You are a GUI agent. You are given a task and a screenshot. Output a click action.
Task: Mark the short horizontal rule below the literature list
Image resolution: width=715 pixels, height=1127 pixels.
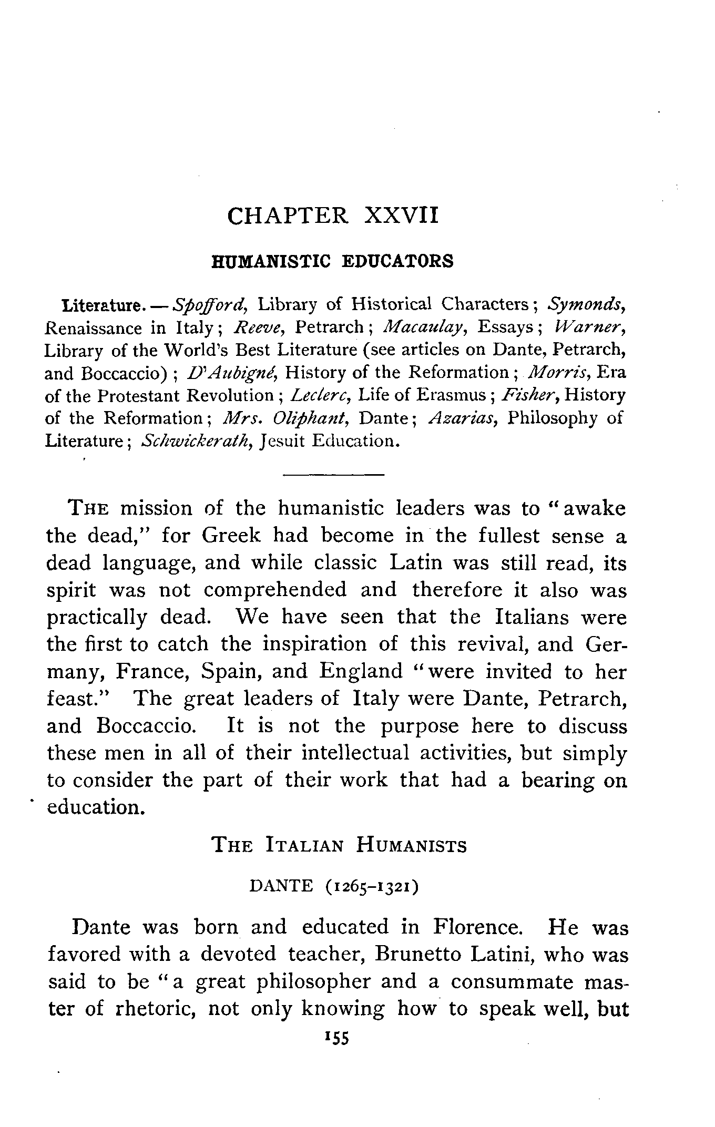(333, 475)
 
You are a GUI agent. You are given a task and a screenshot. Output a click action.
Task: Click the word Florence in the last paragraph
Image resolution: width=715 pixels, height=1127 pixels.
(477, 927)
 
